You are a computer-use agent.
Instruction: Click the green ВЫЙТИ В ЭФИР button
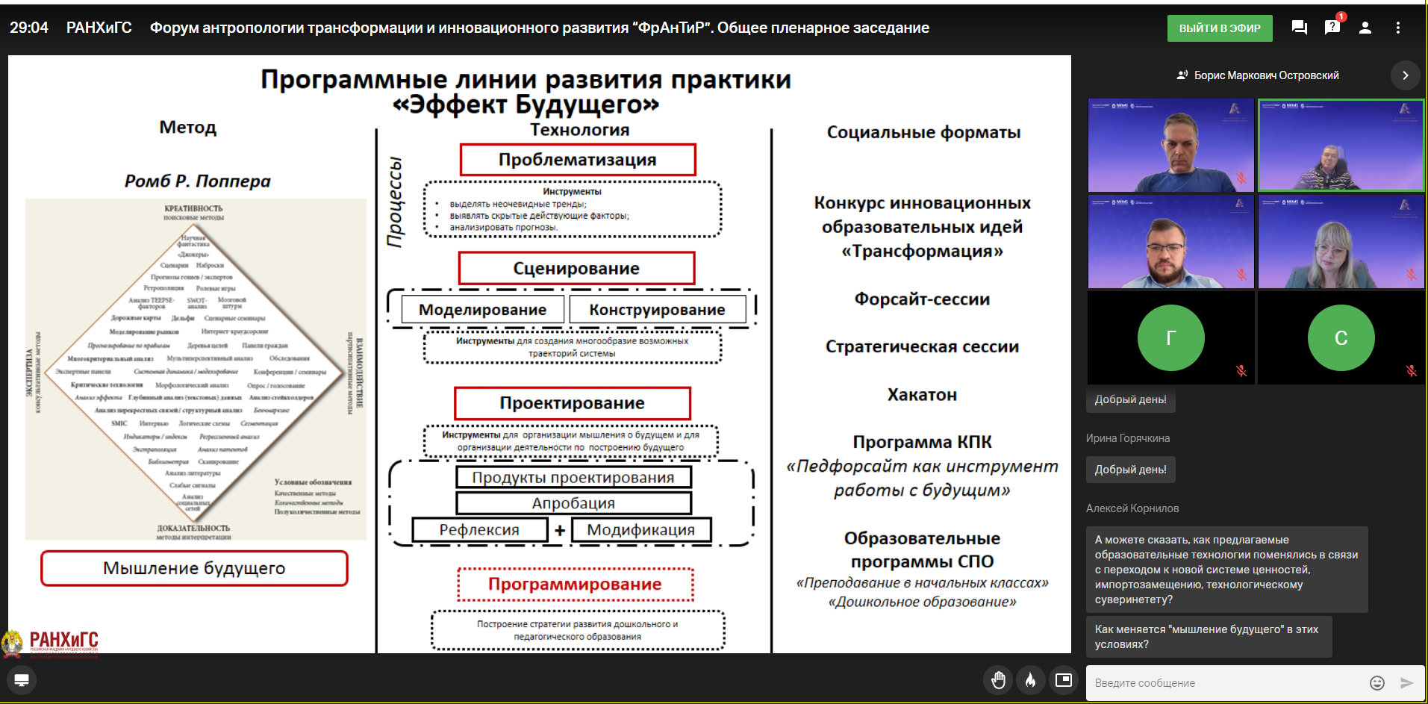coord(1219,28)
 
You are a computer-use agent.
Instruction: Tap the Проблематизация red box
coord(577,160)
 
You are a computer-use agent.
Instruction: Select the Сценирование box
coord(576,269)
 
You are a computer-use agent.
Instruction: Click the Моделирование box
coord(482,310)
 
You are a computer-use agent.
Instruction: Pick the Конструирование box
coord(657,310)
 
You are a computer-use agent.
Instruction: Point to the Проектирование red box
coord(572,403)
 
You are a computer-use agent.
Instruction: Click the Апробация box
coord(573,503)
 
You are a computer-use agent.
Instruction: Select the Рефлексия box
coord(479,530)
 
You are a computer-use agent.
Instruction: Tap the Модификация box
coord(640,530)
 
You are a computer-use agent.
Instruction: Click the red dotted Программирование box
coord(575,584)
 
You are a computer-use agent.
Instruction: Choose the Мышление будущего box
coord(194,568)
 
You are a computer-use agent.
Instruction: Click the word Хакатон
coord(922,395)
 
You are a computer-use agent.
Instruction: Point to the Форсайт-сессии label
coord(922,299)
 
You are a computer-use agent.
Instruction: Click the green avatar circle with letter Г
coord(1170,337)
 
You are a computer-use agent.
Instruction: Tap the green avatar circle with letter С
coord(1341,337)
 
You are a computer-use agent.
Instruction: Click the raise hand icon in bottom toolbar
coord(998,680)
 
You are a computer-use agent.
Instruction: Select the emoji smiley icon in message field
coord(1377,683)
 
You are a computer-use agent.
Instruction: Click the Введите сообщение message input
coord(1224,683)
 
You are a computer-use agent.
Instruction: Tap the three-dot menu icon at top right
coord(1398,28)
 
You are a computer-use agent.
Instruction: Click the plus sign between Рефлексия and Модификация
coord(560,530)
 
